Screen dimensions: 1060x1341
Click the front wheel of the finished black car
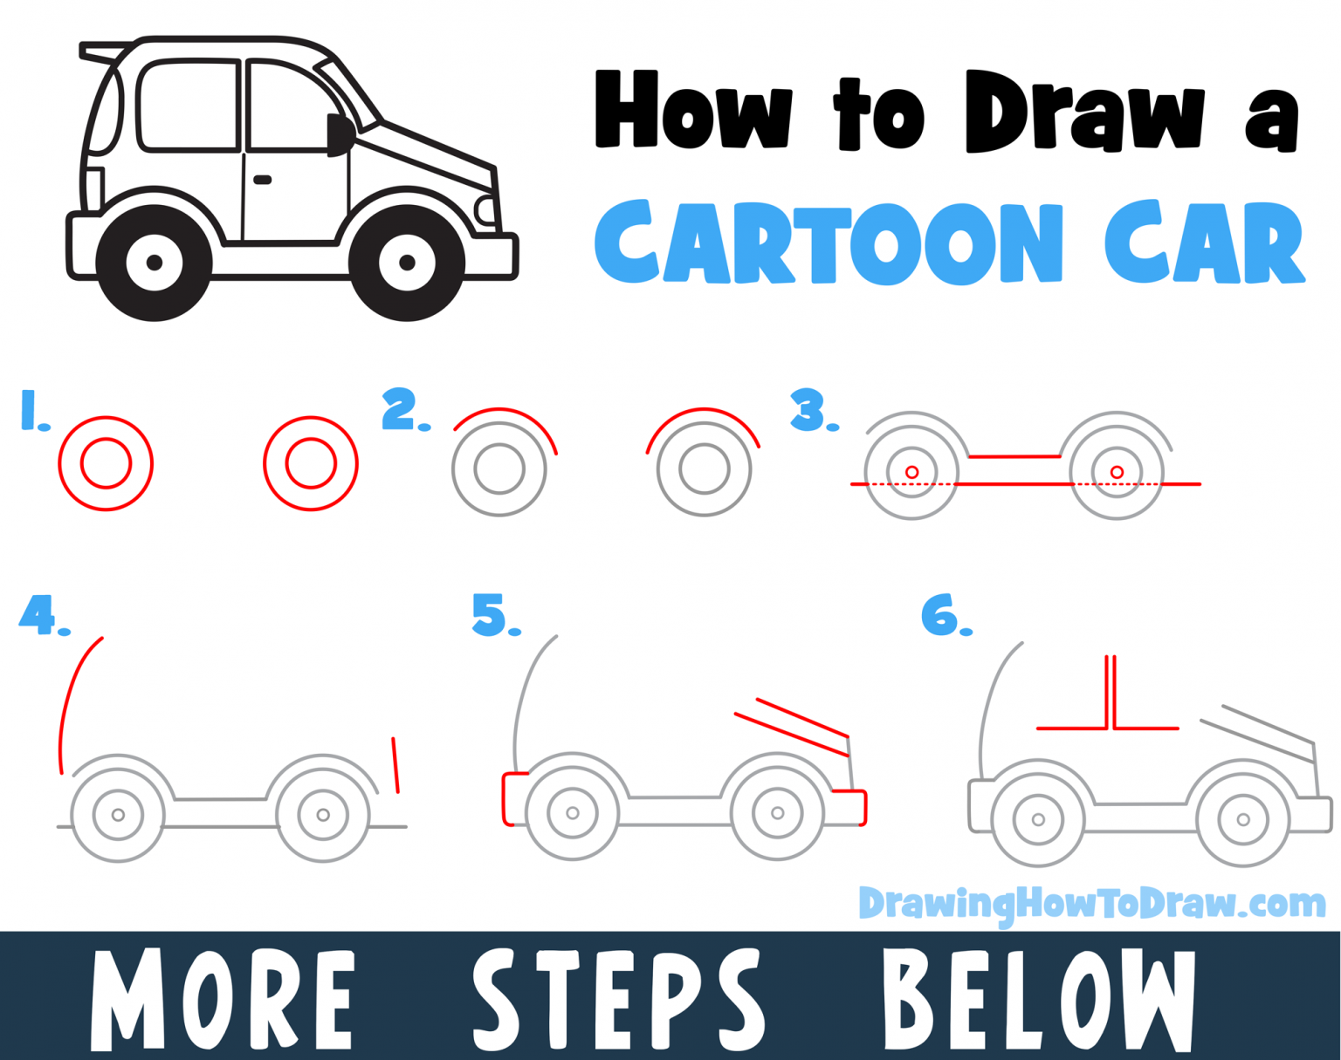406,263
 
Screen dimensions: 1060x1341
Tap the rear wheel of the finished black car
155,263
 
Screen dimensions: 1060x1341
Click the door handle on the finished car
262,181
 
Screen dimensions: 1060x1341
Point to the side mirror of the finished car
339,135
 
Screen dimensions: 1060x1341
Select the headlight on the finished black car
485,209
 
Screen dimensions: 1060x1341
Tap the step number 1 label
32,411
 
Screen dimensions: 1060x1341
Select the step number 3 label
810,411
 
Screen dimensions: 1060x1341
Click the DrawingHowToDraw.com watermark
1091,904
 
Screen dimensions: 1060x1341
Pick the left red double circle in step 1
106,463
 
